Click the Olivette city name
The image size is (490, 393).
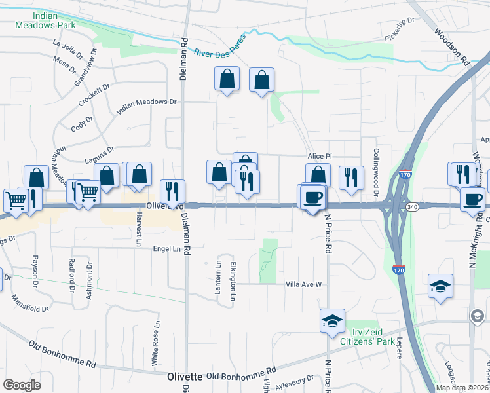pos(185,377)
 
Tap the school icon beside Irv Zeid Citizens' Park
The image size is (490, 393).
pos(332,320)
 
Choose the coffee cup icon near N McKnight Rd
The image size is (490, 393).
pos(472,200)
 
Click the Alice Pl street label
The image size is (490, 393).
pos(321,157)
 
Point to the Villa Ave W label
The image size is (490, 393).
pos(304,284)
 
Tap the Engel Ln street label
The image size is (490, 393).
pos(166,249)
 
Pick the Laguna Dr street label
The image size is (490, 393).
pos(100,155)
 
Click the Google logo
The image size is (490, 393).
pos(22,384)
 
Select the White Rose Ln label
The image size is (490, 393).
pos(156,343)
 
